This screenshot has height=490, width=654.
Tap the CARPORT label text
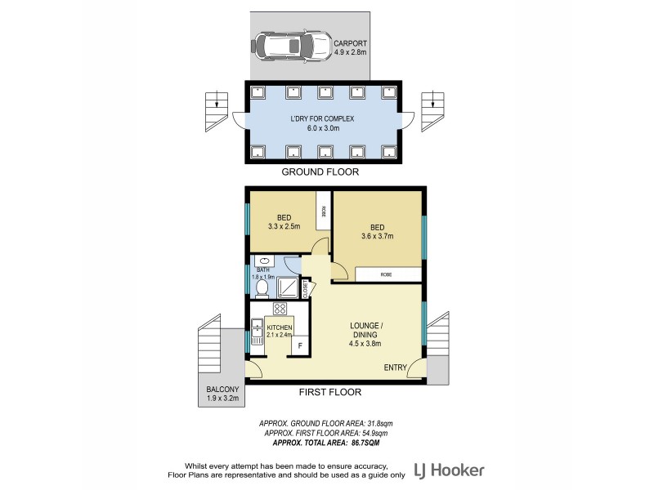(x=351, y=43)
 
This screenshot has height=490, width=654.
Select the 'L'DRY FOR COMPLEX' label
(x=320, y=119)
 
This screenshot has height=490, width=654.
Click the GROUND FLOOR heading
(x=320, y=172)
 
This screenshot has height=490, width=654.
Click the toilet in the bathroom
(x=262, y=288)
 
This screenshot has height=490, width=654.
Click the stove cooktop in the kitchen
(x=280, y=310)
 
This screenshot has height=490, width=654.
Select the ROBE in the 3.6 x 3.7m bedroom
(x=384, y=275)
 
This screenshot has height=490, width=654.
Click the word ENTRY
(x=396, y=367)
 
